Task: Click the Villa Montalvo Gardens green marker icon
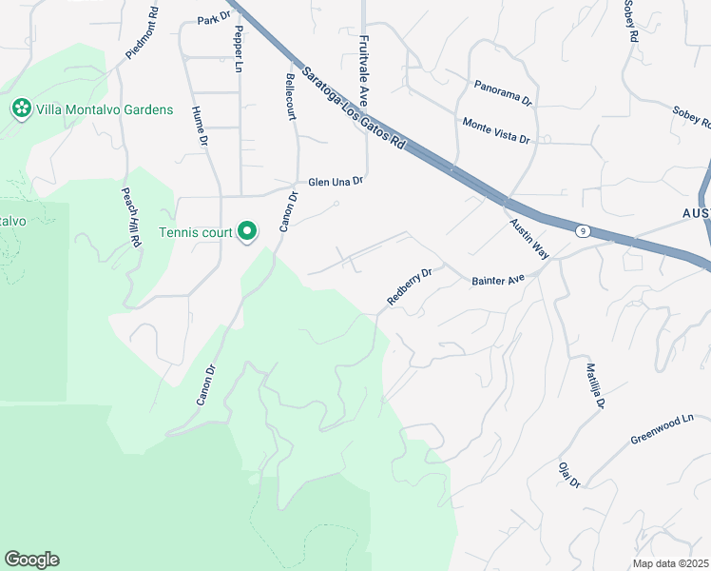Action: tap(21, 109)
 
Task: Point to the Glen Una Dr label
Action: tap(336, 181)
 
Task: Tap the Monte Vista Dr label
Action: tap(495, 130)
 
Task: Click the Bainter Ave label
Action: tap(498, 281)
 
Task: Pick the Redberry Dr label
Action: tap(410, 285)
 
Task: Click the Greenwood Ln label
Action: tap(663, 429)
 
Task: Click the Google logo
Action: tap(31, 560)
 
